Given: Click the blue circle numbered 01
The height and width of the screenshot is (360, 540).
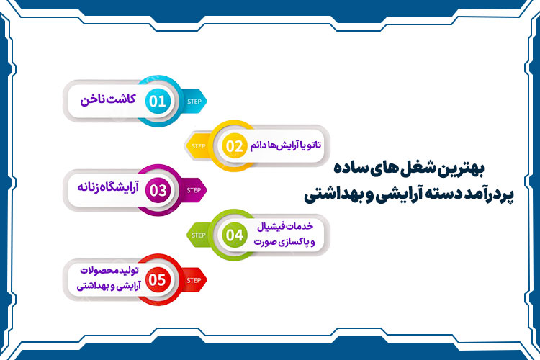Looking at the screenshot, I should pos(157,100).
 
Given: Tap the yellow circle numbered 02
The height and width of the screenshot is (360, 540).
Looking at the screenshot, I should pos(235,146).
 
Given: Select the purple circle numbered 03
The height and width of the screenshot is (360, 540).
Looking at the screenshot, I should pos(157,190).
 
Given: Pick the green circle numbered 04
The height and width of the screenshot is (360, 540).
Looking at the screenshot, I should pos(235,235).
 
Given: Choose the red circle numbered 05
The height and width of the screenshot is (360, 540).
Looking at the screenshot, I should pos(157,279).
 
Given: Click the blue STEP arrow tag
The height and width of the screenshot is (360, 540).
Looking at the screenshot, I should pos(194,101).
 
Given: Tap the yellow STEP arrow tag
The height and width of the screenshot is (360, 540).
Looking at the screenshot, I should pos(199,146).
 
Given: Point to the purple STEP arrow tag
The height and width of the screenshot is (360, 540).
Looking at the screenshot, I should pos(194,190).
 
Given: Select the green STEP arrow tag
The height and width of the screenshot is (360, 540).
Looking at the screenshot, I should pos(199,235).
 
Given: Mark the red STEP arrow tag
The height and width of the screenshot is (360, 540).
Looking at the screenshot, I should pos(194,279).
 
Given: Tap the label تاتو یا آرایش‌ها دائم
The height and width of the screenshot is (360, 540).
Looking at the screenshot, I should pos(287,145).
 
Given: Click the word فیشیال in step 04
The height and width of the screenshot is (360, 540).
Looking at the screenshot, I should pos(273,228).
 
